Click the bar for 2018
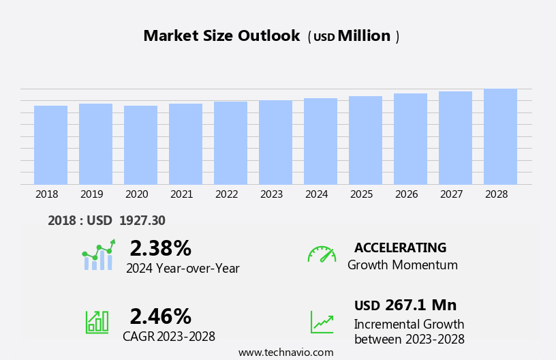50,145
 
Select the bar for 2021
185,144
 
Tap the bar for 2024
320,141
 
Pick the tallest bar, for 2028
500,136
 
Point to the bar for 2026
410,138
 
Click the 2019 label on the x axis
91,194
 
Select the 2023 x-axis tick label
271,194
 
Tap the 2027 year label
451,194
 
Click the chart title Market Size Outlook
221,36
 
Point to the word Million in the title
364,36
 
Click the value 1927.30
142,220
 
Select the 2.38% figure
160,248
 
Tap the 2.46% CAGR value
160,316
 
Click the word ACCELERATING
400,248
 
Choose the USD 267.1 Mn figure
405,305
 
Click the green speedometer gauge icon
322,254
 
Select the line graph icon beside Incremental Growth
322,322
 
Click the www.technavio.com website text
285,352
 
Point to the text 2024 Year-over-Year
183,269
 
